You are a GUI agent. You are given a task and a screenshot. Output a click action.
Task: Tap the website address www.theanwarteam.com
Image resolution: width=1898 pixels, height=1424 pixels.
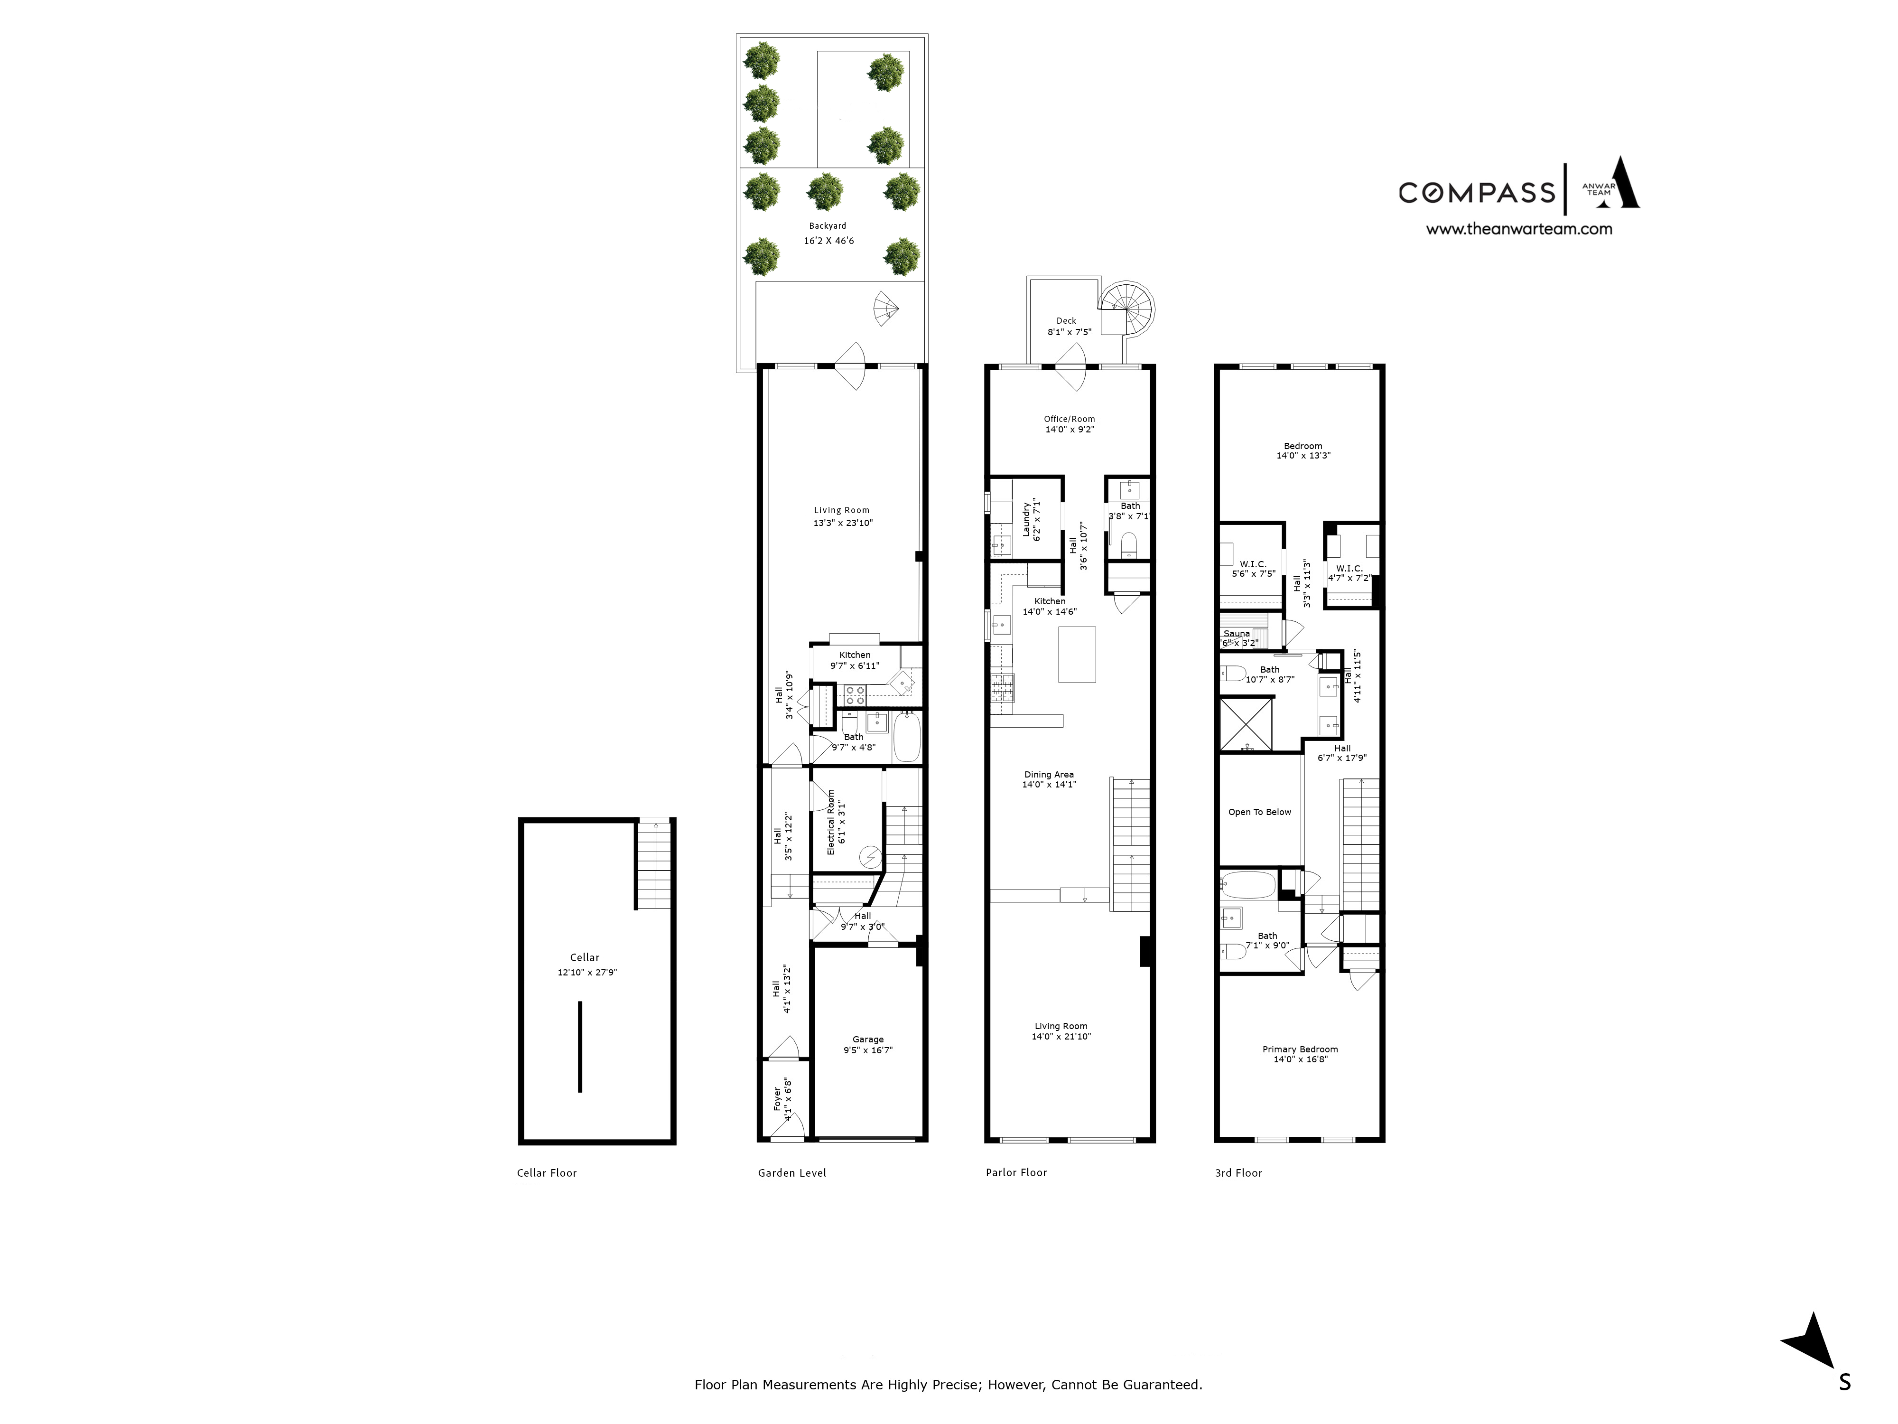(1519, 229)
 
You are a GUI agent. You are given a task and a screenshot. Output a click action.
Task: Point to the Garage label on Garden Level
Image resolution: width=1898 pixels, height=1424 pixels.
(867, 1040)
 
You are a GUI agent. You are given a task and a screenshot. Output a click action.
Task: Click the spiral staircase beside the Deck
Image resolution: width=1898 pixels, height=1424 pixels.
(1126, 307)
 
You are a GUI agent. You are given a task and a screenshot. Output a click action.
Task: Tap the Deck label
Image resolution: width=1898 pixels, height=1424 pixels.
(1067, 321)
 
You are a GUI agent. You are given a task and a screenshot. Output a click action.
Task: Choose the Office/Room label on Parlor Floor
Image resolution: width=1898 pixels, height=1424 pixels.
(1069, 419)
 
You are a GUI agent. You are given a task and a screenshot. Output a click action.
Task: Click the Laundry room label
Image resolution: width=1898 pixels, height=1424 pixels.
(1026, 519)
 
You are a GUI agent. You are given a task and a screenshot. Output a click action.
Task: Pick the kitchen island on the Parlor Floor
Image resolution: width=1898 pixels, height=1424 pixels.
(1077, 654)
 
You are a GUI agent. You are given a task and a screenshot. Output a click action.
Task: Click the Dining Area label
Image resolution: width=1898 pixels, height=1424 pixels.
(1049, 774)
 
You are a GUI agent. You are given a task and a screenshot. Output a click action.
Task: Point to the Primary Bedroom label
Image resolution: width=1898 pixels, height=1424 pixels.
(1300, 1049)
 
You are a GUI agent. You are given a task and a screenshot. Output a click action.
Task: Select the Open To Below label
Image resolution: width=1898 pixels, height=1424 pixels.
(1259, 812)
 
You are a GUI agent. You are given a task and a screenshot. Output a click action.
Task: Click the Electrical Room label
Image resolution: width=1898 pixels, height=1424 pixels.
(830, 822)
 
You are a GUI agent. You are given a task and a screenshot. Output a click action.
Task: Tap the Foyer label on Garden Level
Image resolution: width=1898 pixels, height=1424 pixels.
(777, 1099)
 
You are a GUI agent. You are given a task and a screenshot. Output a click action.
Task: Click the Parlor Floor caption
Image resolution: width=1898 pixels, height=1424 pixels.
(1016, 1172)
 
